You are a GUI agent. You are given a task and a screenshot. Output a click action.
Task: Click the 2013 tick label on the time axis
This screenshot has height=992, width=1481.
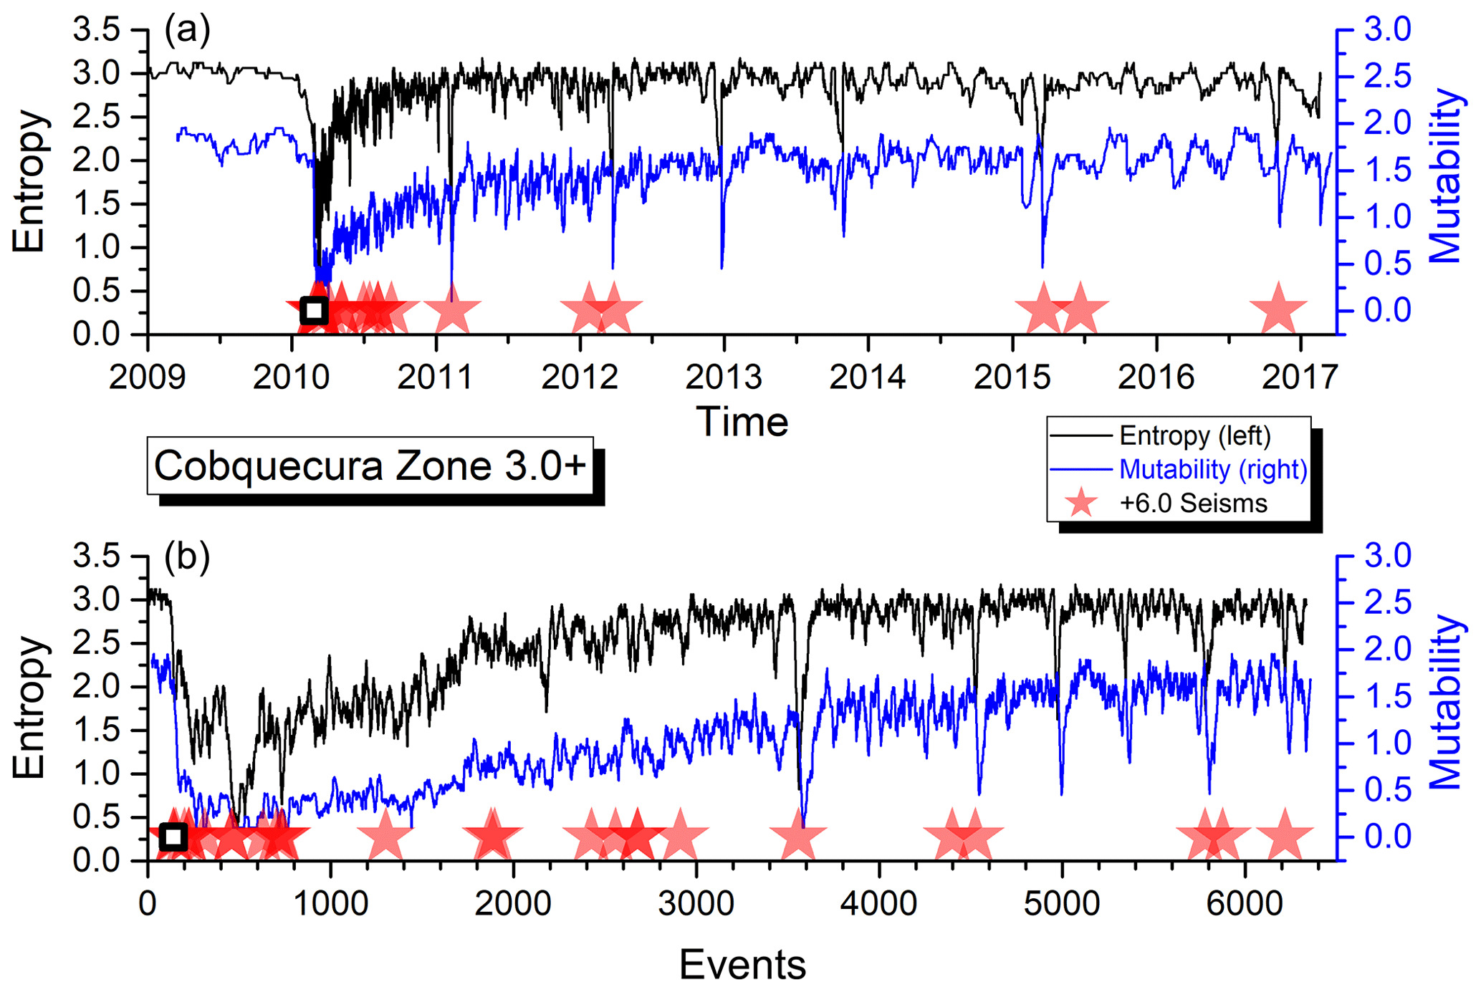click(724, 377)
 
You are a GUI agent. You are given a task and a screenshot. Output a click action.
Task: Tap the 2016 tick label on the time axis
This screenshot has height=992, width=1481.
click(1156, 377)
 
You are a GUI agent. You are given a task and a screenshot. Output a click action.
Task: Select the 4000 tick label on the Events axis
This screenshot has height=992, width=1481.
click(878, 904)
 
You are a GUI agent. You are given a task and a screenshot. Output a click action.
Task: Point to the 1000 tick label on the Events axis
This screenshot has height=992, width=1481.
click(330, 904)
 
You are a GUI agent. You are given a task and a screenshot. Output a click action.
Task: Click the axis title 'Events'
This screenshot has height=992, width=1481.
click(742, 964)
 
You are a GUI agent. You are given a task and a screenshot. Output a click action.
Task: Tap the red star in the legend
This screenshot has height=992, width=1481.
click(1081, 503)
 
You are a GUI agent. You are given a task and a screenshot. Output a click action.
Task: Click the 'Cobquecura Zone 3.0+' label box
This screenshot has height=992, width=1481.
click(370, 466)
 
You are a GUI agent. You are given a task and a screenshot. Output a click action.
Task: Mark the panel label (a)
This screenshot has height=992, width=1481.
click(187, 30)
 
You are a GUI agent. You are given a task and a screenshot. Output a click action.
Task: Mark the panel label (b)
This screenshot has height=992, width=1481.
click(187, 557)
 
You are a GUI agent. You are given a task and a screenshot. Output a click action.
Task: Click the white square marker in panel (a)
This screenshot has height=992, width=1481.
click(313, 311)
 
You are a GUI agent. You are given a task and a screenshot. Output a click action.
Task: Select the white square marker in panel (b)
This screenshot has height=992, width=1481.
click(173, 836)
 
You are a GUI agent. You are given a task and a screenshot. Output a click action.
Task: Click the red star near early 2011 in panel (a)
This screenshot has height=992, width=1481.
click(452, 309)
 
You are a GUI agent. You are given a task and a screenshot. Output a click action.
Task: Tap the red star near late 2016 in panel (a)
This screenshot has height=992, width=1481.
click(1278, 309)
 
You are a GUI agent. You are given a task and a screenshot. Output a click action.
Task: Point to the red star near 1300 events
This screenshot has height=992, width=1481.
click(385, 835)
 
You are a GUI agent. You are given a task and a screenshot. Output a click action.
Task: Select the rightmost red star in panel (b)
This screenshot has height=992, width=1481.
click(1285, 835)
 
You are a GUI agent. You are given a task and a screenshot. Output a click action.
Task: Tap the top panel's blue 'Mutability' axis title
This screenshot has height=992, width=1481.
click(1444, 175)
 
